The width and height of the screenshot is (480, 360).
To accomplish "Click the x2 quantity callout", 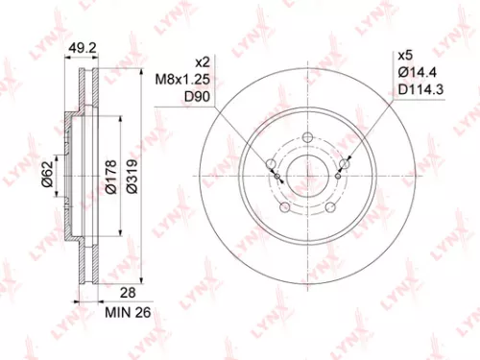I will click(203, 58).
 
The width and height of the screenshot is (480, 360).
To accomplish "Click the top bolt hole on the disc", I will click(308, 136).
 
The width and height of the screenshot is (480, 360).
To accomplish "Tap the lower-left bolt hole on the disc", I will click(284, 207).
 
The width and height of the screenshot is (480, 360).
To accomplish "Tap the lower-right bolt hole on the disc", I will click(331, 207).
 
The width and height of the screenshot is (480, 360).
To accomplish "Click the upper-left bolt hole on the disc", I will click(270, 163).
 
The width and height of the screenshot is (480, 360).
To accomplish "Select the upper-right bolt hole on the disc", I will click(346, 163).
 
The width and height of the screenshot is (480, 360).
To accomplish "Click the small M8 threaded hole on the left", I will click(277, 178).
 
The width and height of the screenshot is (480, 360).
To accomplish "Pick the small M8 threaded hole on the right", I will click(339, 178).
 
